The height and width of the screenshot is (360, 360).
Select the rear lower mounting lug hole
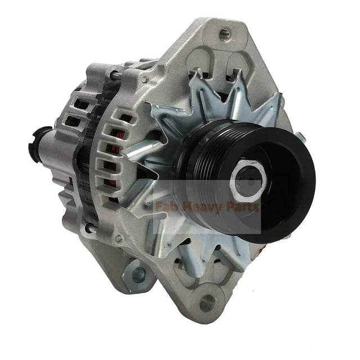[x=137, y=274]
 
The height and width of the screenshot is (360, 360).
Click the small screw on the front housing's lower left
[x=120, y=239]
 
